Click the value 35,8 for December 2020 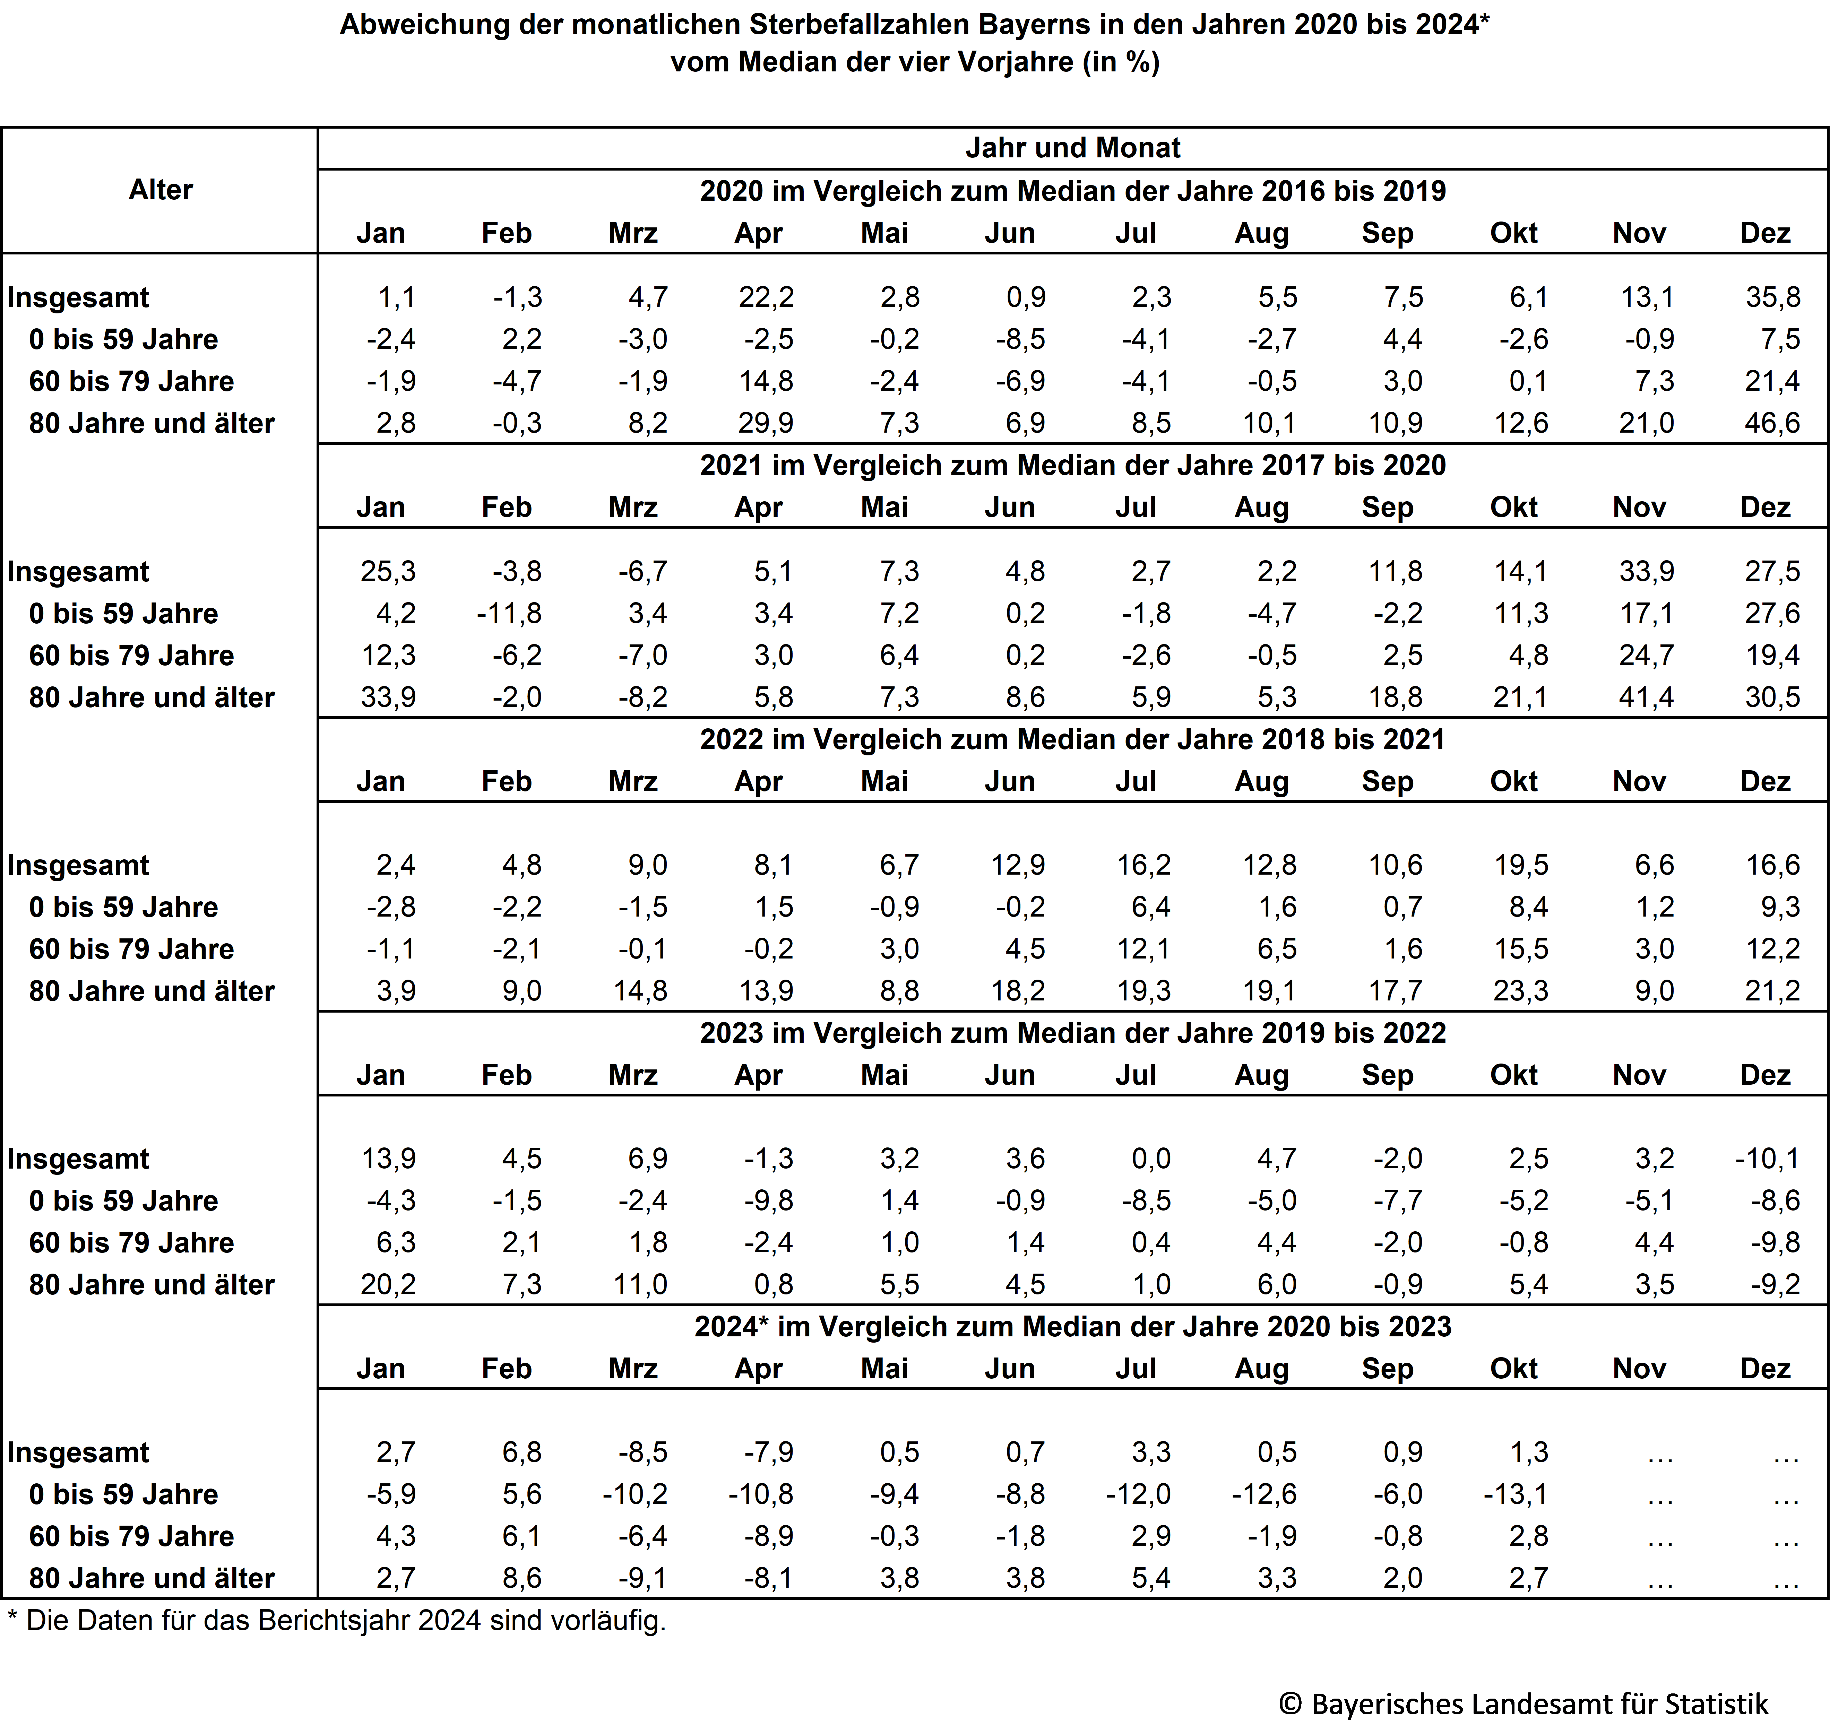point(1772,297)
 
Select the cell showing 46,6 point(1772,424)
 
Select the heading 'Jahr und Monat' point(1072,147)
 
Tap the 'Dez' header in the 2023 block point(1765,1075)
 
